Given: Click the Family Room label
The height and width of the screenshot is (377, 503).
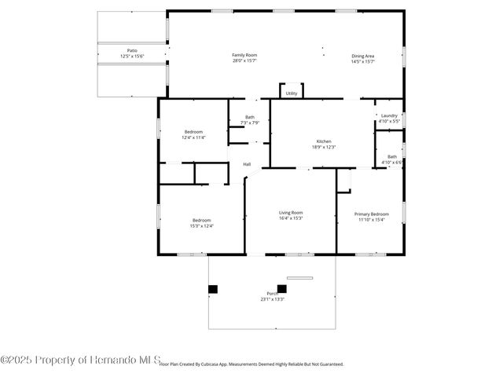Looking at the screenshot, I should (244, 55).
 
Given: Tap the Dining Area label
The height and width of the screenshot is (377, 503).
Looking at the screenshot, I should (362, 56).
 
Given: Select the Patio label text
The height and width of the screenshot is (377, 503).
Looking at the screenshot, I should (133, 50).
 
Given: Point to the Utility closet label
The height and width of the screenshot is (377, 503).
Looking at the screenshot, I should (292, 93).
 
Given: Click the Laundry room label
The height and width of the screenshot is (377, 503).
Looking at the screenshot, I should (389, 116).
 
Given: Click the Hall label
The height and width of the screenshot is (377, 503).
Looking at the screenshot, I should (247, 164).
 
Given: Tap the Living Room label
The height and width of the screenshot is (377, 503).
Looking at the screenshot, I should (291, 212).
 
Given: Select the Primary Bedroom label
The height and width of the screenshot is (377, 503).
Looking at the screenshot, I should (371, 214).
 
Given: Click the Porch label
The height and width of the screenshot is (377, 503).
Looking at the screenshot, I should (272, 294).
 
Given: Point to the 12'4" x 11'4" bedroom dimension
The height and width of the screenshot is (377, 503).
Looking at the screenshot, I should (194, 137).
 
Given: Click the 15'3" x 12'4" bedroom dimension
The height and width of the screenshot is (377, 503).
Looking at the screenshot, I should (201, 226).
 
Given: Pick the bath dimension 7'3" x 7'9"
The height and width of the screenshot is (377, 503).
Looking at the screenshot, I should (249, 123).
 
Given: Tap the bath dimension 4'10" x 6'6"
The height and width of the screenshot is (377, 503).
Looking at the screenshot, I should (391, 163).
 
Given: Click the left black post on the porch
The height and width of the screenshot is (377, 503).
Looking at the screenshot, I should (212, 289).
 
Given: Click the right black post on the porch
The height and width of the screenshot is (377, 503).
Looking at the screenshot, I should (282, 288).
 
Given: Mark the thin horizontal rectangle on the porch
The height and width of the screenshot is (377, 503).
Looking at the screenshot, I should (299, 277).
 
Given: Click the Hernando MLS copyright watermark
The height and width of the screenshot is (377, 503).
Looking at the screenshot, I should (80, 360).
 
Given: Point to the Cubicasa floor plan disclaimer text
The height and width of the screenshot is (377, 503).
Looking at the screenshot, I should (251, 364).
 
